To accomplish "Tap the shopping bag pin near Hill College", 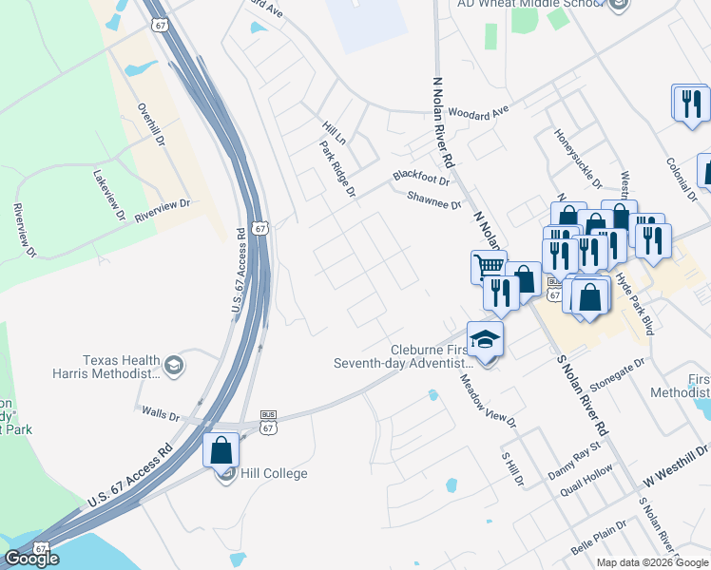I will [221, 451].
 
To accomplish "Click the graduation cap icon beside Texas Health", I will [174, 366].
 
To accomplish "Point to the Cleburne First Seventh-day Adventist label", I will [403, 355].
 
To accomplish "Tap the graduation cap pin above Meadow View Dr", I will [484, 339].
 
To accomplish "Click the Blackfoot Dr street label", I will [419, 177].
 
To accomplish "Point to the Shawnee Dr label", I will [433, 199].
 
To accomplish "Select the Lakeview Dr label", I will [109, 195].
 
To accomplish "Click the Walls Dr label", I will [160, 414].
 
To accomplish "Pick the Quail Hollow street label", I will [586, 475].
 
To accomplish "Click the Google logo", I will [32, 559].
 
